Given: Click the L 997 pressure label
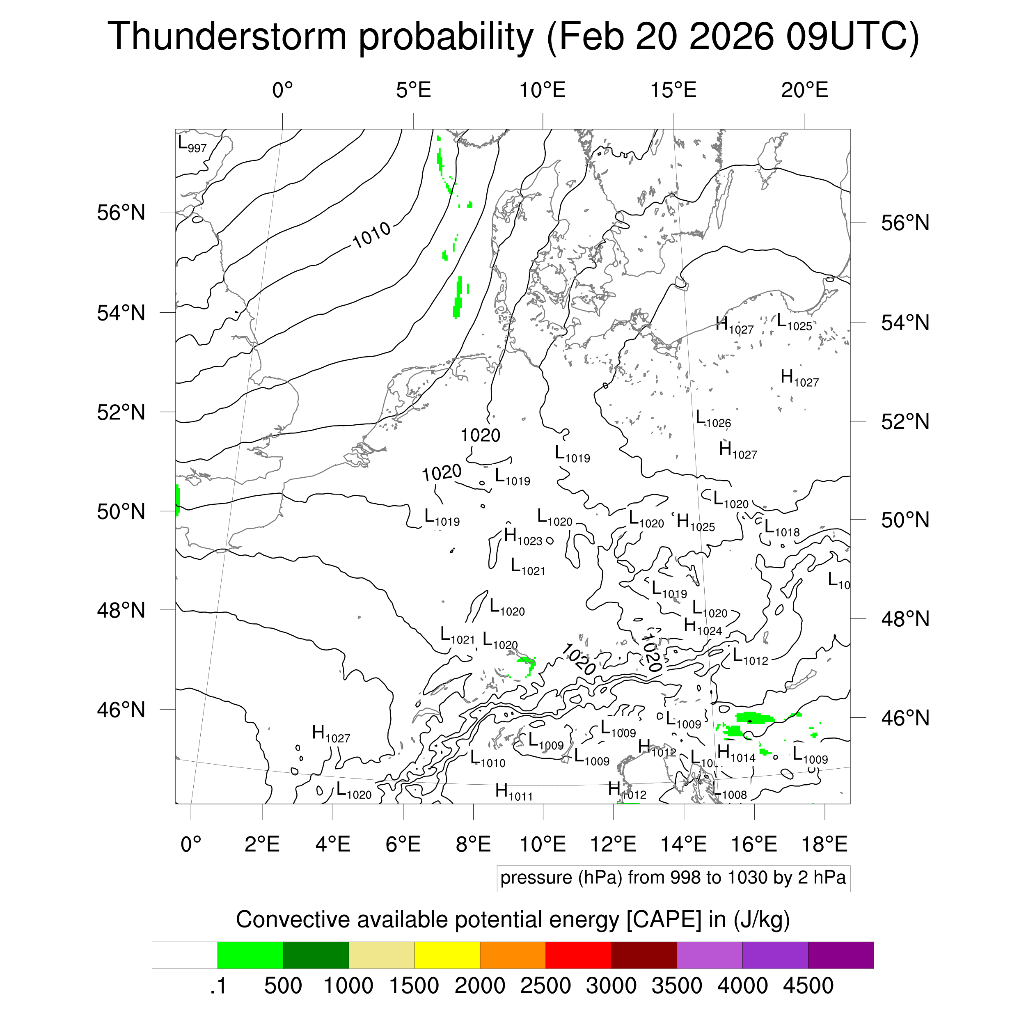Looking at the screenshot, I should (x=192, y=144).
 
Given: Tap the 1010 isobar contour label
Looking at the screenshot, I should (x=371, y=235).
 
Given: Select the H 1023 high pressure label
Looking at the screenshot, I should (x=522, y=537).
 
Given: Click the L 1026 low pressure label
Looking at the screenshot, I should (x=713, y=419).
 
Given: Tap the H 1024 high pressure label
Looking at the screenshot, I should (x=703, y=627).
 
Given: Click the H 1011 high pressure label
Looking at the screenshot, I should (x=513, y=792).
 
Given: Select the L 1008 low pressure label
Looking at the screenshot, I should (x=729, y=793).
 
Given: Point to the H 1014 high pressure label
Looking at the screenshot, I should (x=735, y=753).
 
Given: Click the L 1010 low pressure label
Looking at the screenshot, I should (x=488, y=759).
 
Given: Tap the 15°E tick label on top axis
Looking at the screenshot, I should (x=673, y=90).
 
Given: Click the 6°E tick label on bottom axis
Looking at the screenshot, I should (x=403, y=844).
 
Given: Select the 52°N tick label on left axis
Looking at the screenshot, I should (x=121, y=412).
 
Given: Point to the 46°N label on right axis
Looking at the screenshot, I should (x=905, y=718).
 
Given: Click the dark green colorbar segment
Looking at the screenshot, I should (x=316, y=955).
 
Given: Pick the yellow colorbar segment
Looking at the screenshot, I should (x=447, y=955).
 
